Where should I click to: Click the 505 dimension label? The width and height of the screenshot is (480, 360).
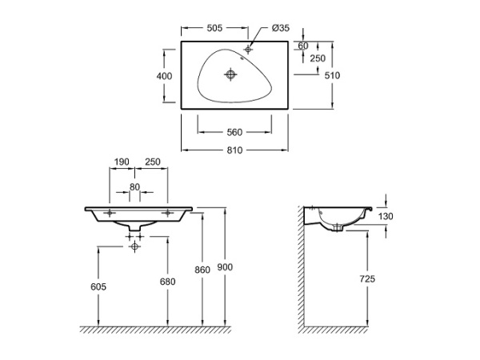(x=214, y=27)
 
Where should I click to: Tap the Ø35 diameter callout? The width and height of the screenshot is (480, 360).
(x=280, y=27)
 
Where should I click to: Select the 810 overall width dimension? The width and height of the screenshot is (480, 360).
(x=234, y=150)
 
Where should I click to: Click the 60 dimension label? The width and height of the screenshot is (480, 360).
(x=302, y=46)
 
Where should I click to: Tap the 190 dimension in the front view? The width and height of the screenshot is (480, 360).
(x=122, y=162)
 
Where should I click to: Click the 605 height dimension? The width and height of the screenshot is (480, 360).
(x=98, y=286)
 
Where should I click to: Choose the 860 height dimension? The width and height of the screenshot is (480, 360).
(x=202, y=270)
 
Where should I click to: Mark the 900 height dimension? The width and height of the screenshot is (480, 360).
(x=226, y=266)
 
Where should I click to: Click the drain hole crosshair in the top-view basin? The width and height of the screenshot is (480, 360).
(x=232, y=75)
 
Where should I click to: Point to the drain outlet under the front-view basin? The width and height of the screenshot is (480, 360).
(x=134, y=232)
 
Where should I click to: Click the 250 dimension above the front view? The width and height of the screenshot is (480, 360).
(x=152, y=162)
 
